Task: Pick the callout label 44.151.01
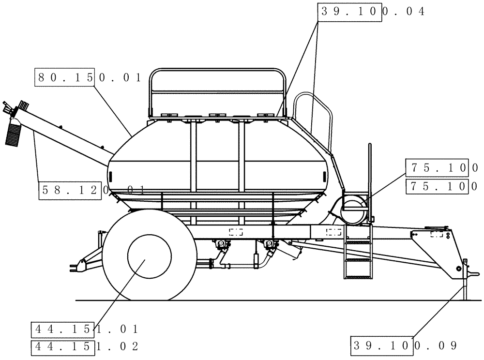click(x=85, y=330)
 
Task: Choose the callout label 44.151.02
click(x=85, y=346)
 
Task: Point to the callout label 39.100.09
click(x=405, y=346)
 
